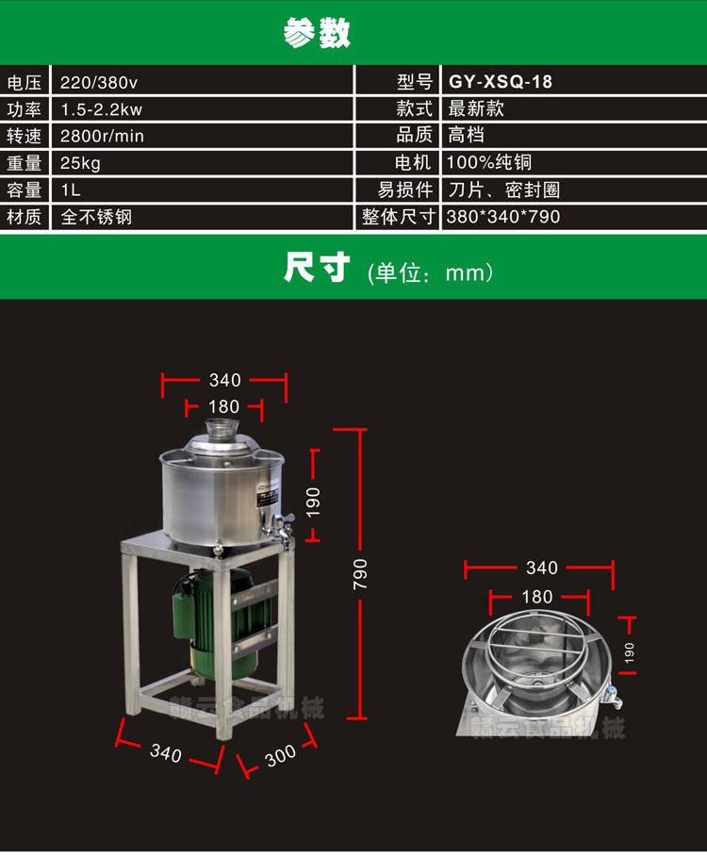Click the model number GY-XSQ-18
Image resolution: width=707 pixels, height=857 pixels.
(501, 82)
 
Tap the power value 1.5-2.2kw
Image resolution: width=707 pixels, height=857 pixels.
(101, 108)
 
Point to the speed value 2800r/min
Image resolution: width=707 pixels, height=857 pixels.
(102, 136)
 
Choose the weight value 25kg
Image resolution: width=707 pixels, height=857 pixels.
(80, 163)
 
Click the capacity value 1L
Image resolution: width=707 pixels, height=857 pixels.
(71, 190)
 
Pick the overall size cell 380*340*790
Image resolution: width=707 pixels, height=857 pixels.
(504, 217)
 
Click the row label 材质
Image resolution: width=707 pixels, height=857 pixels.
(25, 217)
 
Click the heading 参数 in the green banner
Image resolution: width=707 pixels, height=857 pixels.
(318, 32)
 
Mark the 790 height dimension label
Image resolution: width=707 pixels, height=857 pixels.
(361, 574)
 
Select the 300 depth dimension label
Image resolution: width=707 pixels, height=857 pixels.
(280, 756)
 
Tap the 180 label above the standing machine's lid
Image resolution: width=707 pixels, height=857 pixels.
(223, 407)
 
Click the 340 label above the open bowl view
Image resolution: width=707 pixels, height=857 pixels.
(541, 568)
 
